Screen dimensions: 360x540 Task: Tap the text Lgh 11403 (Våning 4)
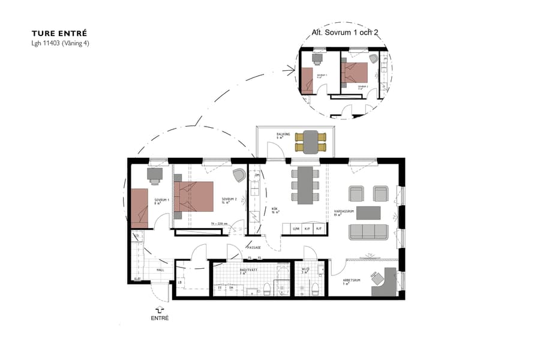60,43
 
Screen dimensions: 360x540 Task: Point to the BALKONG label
283,134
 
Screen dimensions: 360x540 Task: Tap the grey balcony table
310,142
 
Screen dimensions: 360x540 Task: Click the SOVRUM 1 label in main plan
161,199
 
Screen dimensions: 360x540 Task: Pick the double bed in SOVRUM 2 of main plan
194,197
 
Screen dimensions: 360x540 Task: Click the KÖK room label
275,209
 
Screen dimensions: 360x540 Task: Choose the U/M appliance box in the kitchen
295,229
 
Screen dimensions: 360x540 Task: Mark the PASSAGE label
254,248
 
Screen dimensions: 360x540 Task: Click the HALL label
160,270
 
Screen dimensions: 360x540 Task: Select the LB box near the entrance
180,282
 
